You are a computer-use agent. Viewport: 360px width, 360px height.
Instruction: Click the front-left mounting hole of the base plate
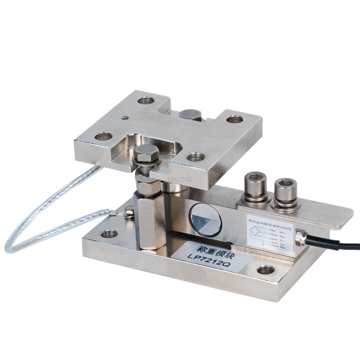(107, 234)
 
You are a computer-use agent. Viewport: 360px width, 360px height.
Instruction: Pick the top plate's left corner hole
(102, 136)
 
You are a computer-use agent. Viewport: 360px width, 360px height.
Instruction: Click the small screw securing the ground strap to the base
(130, 213)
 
